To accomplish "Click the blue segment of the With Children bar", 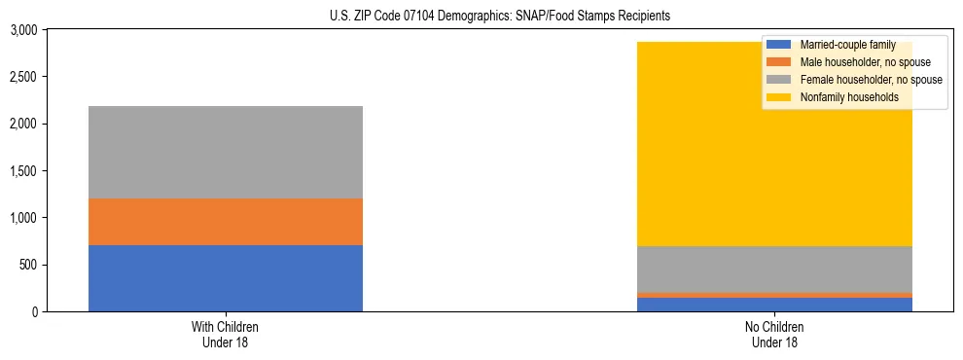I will tap(225, 278).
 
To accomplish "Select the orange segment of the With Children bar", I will tap(225, 222).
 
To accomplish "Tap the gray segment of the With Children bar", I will tap(225, 152).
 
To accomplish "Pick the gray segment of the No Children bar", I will tap(775, 270).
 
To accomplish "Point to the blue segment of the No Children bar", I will tap(775, 305).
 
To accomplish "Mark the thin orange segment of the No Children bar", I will tap(775, 295).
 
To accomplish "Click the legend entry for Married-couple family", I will tap(844, 45).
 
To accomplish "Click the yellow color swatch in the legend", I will tap(780, 97).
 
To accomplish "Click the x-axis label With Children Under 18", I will tap(225, 335).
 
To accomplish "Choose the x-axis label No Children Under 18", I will tap(775, 335).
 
